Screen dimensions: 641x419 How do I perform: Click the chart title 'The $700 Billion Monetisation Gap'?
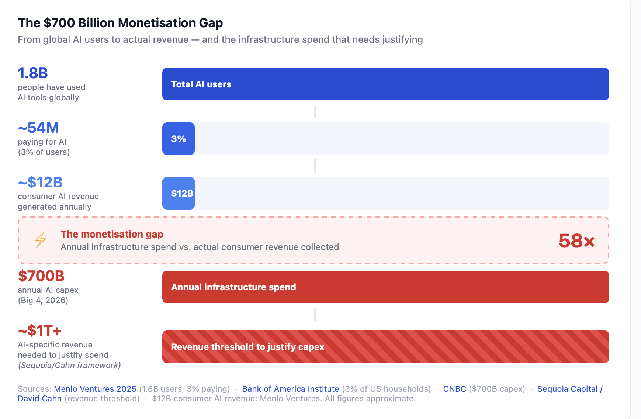click(120, 23)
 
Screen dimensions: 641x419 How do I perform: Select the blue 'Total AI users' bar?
click(385, 84)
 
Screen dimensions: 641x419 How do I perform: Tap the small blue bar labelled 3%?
click(179, 139)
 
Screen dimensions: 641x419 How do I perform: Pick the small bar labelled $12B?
click(179, 193)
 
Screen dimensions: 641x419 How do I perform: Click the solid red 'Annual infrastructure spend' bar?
click(385, 287)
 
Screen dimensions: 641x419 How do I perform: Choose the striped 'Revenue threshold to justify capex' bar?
click(385, 347)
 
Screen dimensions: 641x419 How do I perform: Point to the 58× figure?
click(576, 241)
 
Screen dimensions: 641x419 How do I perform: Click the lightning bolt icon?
click(41, 240)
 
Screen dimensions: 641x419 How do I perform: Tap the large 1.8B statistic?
click(33, 73)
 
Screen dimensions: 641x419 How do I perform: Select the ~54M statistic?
click(38, 128)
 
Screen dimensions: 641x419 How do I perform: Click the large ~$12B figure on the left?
click(40, 182)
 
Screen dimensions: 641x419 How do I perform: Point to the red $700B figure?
click(41, 276)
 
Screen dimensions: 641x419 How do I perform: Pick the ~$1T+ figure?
click(40, 330)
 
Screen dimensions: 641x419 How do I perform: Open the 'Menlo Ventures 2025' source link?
click(95, 389)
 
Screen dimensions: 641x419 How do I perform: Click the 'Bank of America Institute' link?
click(291, 389)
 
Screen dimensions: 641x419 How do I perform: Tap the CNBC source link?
click(454, 389)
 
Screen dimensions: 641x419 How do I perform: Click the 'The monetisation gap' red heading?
click(112, 234)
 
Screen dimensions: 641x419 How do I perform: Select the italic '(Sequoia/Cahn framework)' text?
click(69, 365)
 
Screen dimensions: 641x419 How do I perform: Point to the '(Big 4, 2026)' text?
click(43, 300)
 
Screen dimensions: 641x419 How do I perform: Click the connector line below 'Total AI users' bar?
click(315, 111)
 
